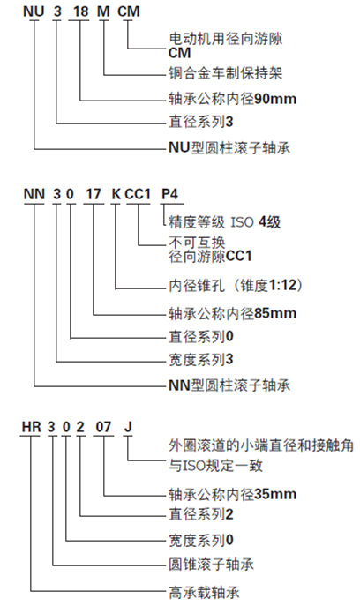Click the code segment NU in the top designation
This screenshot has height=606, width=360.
34,11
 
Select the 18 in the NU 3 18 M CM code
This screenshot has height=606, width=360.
81,11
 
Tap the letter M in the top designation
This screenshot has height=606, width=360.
103,11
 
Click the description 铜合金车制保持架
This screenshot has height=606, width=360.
225,73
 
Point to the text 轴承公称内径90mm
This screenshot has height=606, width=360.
232,99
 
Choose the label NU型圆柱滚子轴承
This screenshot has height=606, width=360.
229,147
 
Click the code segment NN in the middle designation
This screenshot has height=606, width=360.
34,194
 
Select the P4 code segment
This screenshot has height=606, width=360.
169,194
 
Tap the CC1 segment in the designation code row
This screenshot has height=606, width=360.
138,194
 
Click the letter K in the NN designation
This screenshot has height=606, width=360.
116,194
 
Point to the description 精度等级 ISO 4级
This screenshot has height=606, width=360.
225,222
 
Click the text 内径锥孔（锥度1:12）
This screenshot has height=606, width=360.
236,286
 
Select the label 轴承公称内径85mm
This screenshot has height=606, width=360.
232,312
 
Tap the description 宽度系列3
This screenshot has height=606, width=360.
201,359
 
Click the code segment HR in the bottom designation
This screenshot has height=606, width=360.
31,427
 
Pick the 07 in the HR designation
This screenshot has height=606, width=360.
103,427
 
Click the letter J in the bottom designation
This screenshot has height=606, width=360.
128,427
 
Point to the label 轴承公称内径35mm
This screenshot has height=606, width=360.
232,494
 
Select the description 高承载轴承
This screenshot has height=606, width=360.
204,592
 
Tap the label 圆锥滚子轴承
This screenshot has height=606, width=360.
211,565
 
